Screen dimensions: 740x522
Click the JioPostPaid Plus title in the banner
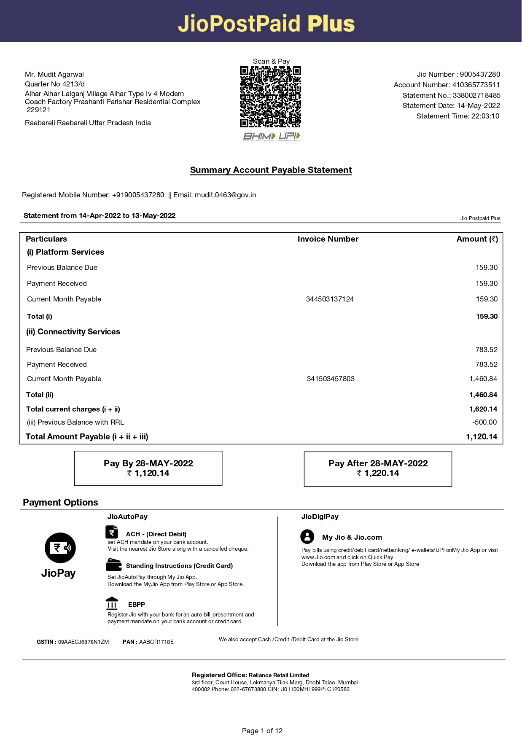[x=266, y=23]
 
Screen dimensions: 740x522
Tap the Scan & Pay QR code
[x=270, y=97]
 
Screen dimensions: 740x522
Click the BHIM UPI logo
[x=271, y=136]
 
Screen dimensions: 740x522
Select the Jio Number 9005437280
[x=480, y=74]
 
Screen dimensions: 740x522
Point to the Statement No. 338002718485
[x=476, y=95]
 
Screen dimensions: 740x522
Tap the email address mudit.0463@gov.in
[x=225, y=195]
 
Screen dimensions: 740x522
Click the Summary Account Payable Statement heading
[x=271, y=170]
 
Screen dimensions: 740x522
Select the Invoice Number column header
[x=328, y=239]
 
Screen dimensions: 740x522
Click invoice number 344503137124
[x=330, y=299]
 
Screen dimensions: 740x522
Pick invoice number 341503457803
[x=331, y=379]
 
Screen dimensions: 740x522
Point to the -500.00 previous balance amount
[x=484, y=422]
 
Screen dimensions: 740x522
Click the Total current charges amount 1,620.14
[x=483, y=409]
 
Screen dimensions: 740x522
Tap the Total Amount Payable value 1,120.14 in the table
[x=482, y=437]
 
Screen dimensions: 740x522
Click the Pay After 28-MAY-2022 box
[x=378, y=468]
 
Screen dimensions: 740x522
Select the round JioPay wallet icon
[x=60, y=548]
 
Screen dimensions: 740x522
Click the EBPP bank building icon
[x=112, y=603]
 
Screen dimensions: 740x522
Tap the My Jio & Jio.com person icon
[x=307, y=536]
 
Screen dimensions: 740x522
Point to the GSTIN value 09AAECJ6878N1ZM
[x=83, y=642]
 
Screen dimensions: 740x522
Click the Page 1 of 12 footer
[x=262, y=731]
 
